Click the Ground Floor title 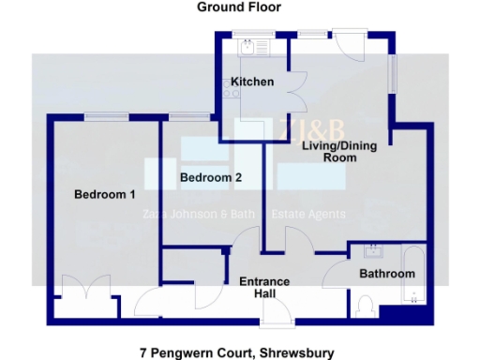click(239, 7)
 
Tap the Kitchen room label click(252, 82)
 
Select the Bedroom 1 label click(105, 195)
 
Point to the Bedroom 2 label click(211, 177)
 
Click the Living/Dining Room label click(329, 152)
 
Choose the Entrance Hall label click(264, 288)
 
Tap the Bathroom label click(387, 274)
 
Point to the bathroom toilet click(366, 306)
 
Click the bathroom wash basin click(372, 250)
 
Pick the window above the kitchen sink click(253, 33)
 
